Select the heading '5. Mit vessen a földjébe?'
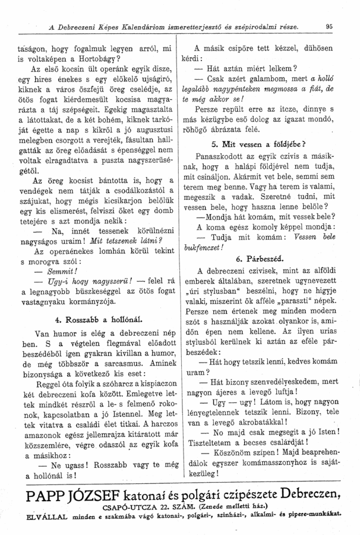(x=258, y=143)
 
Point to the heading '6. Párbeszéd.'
(x=260, y=259)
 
